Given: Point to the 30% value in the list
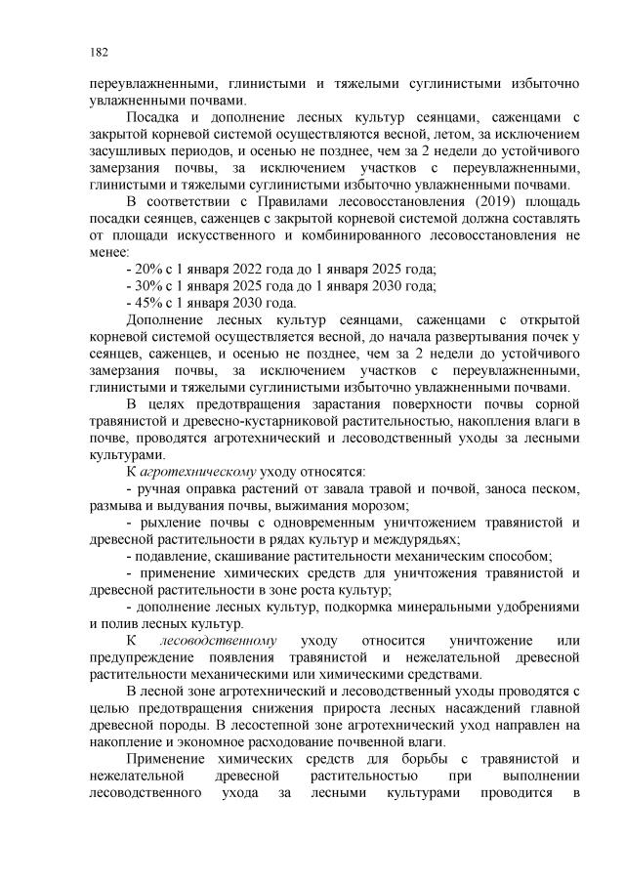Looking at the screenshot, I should (x=150, y=285).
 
